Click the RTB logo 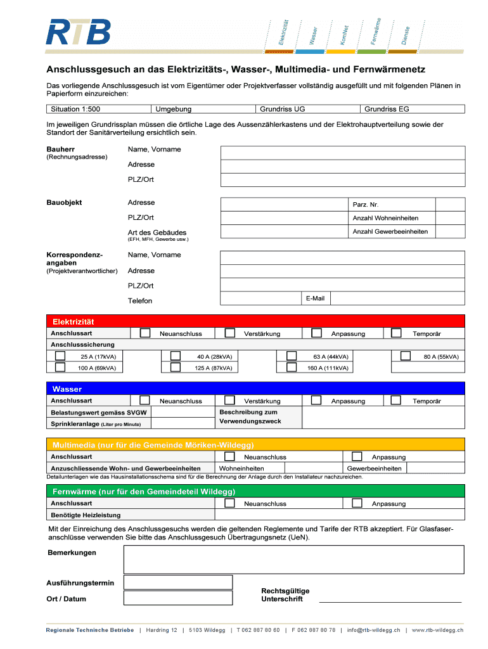click(x=78, y=32)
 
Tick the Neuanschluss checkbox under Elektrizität click(x=145, y=333)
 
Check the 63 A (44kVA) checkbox click(x=292, y=356)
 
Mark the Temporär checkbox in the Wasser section click(x=396, y=400)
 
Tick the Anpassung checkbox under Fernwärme click(x=357, y=503)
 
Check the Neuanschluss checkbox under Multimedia click(x=230, y=456)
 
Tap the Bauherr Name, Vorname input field click(x=342, y=153)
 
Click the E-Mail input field click(x=397, y=299)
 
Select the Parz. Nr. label click(x=365, y=205)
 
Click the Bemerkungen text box click(x=293, y=560)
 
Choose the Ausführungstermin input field click(x=178, y=582)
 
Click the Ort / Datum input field click(x=178, y=598)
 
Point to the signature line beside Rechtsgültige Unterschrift click(x=390, y=601)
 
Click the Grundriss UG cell click(x=307, y=109)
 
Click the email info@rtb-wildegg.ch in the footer click(x=373, y=631)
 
